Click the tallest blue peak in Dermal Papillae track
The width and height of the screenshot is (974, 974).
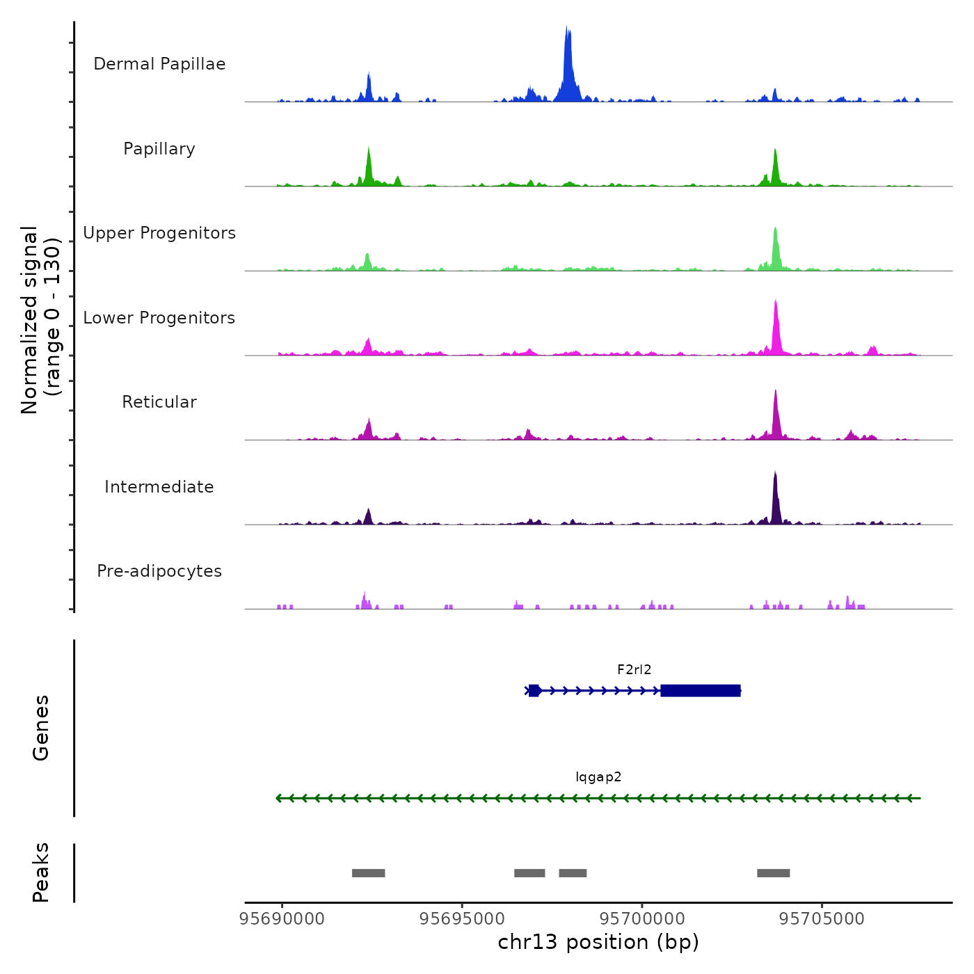(x=568, y=66)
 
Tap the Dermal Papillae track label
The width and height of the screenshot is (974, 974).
(x=159, y=64)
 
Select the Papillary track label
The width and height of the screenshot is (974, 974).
(x=159, y=149)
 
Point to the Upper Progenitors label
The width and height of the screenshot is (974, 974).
(x=159, y=233)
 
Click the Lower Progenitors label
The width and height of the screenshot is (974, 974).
(x=159, y=318)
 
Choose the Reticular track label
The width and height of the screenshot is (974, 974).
(x=159, y=402)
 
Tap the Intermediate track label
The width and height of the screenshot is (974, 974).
(x=159, y=487)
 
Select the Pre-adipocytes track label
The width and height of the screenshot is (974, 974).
(x=159, y=571)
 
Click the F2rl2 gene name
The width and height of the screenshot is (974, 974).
(x=634, y=670)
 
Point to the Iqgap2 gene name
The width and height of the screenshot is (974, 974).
(x=598, y=777)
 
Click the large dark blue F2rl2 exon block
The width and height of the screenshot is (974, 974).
(x=700, y=691)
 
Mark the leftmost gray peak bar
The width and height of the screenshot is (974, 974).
(x=368, y=873)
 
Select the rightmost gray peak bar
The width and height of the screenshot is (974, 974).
(x=773, y=873)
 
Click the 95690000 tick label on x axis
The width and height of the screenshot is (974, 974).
(x=282, y=919)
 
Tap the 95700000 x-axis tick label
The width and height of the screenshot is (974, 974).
(x=642, y=919)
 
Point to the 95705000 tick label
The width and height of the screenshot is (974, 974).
(x=822, y=919)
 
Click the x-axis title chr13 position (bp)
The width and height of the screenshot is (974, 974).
(x=598, y=942)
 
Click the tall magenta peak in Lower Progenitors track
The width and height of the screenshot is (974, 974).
(x=776, y=327)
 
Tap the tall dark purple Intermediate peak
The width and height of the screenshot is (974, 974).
(x=775, y=497)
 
